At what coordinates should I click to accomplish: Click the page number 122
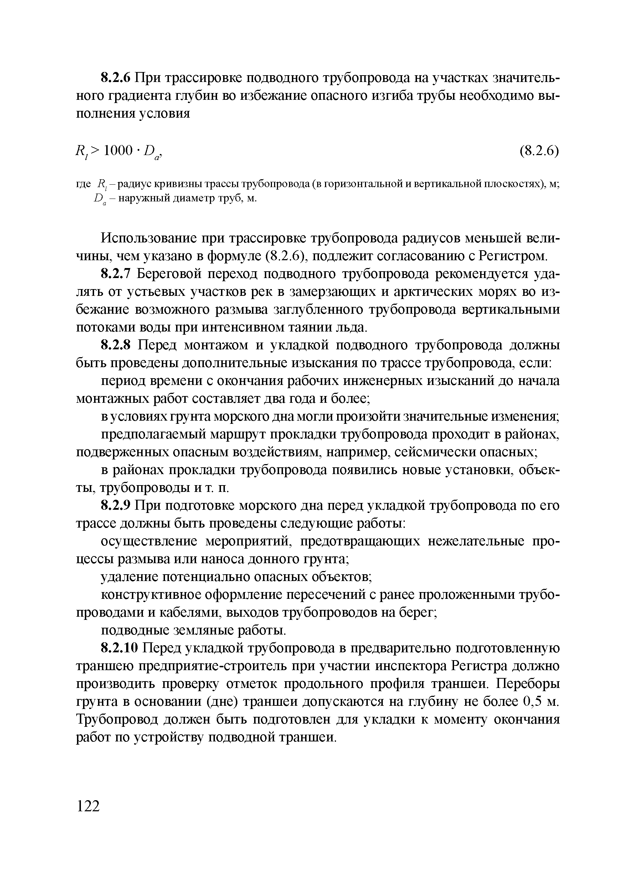pyautogui.click(x=88, y=806)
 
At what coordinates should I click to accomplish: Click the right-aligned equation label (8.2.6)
pyautogui.click(x=539, y=151)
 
